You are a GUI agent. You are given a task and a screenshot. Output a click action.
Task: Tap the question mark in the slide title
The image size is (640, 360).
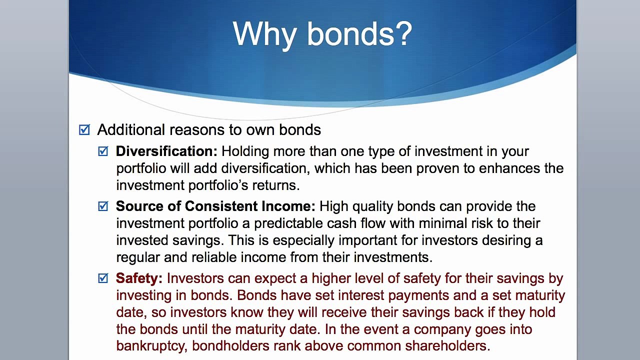point(403,33)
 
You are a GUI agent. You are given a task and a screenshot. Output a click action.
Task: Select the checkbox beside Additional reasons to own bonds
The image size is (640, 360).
point(84,129)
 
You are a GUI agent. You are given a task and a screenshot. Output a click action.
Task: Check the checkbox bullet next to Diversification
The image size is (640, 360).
point(103,151)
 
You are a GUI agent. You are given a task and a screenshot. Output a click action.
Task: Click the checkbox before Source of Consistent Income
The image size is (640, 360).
point(103,206)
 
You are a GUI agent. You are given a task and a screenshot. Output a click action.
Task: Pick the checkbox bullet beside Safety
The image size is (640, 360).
point(103,278)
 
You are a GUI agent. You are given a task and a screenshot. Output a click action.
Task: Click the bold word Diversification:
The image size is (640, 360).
point(166,151)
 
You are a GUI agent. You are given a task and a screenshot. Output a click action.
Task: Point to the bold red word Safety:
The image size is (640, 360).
point(139,278)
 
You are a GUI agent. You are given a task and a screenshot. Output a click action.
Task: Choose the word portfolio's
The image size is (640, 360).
point(218,185)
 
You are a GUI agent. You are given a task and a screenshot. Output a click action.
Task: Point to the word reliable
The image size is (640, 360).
point(214,257)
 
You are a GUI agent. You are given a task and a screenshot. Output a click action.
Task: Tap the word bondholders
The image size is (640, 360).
point(231,345)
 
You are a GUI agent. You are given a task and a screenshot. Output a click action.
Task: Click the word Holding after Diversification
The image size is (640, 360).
point(245,151)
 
